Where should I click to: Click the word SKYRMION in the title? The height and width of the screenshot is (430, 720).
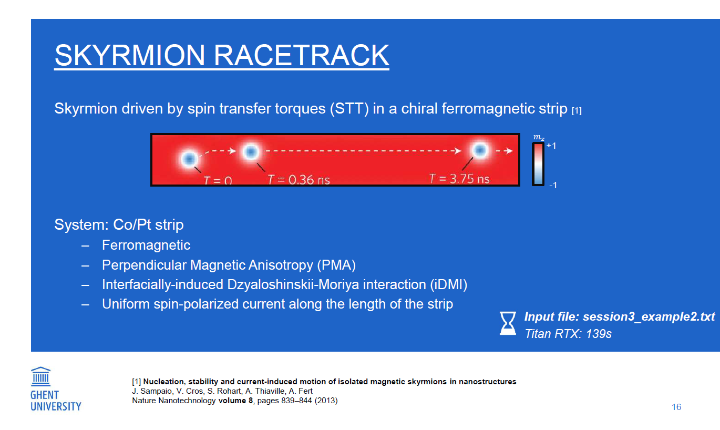coord(129,55)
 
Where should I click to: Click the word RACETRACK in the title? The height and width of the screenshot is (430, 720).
coord(301,55)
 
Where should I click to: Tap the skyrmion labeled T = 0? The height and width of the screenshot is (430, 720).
coord(189,159)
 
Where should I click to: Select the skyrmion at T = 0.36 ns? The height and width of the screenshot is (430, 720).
coord(251,151)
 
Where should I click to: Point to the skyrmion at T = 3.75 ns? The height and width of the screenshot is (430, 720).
coord(480,150)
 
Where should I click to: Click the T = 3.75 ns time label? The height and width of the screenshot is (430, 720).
coord(459,179)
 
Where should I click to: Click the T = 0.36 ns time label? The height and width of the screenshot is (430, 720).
coord(299,179)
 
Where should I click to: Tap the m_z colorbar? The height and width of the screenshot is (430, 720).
coord(538,165)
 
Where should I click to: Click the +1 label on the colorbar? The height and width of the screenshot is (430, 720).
coord(551,146)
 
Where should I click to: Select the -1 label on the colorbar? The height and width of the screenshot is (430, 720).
coord(553,185)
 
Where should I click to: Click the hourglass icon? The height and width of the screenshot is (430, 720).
coord(508,323)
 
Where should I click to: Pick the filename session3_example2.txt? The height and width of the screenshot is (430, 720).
coord(649,317)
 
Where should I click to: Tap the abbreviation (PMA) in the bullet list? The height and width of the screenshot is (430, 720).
coord(336,265)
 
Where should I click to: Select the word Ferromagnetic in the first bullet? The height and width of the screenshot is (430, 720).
coord(146,245)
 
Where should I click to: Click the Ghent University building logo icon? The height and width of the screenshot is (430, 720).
coord(41,376)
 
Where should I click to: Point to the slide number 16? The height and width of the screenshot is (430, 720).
coord(676,407)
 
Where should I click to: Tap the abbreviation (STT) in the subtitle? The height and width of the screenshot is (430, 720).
coord(349,109)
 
